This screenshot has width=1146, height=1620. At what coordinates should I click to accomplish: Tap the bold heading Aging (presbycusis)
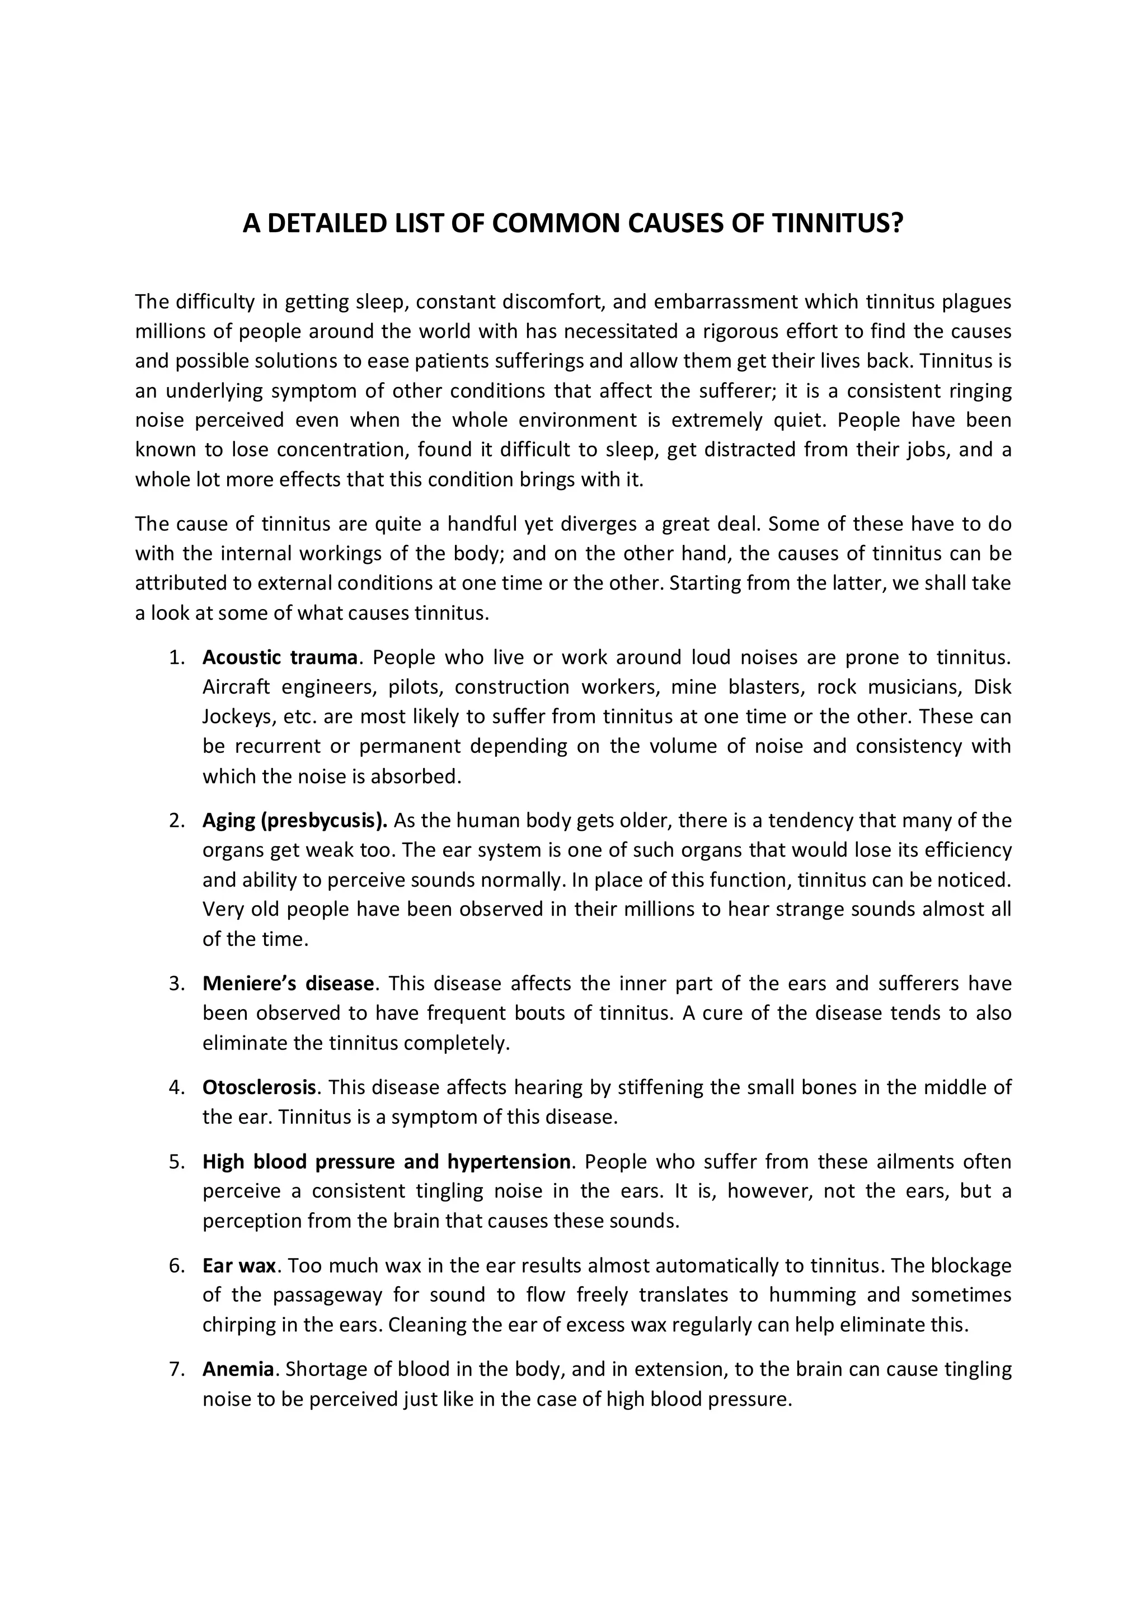[x=295, y=821]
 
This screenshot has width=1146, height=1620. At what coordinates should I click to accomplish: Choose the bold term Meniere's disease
[x=288, y=983]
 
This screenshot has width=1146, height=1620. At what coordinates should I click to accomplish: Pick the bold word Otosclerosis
[x=259, y=1087]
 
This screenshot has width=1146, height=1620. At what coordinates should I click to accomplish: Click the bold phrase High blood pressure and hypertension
[x=386, y=1161]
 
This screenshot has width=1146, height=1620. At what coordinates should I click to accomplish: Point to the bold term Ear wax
[x=238, y=1265]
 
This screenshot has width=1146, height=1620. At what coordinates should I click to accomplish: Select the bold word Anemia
[x=238, y=1369]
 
